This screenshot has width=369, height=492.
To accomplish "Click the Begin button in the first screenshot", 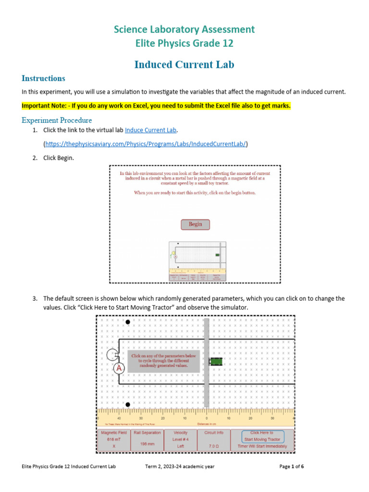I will click(195, 224).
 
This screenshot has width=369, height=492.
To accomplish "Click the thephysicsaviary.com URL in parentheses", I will click(146, 144).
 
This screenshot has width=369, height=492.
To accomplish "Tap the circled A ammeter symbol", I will click(119, 369).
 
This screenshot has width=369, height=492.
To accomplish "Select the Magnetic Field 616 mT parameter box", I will click(114, 440).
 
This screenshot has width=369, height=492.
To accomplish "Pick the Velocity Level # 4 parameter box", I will click(181, 440).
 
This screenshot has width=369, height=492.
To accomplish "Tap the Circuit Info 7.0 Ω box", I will click(213, 440).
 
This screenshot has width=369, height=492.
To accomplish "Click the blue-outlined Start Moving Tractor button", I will click(262, 436).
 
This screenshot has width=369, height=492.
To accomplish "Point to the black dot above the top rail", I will click(127, 322).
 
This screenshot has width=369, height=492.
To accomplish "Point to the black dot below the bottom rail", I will click(127, 405).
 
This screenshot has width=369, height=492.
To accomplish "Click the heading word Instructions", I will click(43, 78).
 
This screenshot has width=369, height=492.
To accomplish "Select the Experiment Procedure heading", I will click(57, 120).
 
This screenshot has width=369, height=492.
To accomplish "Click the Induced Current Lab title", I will click(184, 64).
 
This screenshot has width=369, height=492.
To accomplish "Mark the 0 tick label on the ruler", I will click(207, 418).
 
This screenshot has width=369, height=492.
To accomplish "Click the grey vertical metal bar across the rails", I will click(207, 356).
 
